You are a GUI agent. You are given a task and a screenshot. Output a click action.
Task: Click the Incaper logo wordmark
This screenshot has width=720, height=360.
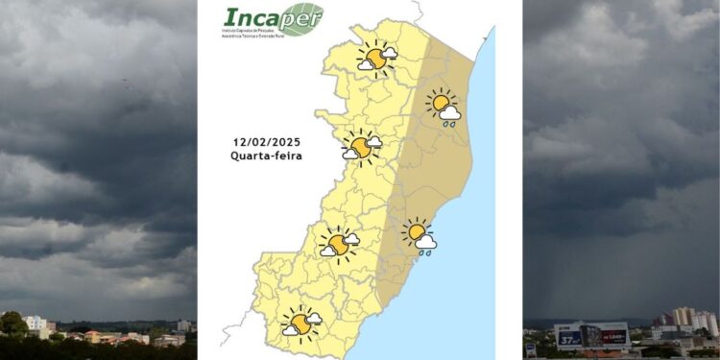coord(259,18)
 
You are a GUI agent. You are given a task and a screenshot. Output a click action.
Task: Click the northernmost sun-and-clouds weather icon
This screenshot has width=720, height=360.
coord(375,59)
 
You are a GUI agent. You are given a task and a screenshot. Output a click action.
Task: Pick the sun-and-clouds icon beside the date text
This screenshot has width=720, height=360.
coord(362,147)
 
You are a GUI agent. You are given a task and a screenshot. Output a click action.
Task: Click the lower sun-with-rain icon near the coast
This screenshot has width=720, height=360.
coord(419,233)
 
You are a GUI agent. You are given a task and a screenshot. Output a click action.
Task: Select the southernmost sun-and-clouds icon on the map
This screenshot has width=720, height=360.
coord(301,323)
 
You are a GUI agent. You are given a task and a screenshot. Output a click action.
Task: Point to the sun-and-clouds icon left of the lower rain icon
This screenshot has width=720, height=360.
coord(339,243)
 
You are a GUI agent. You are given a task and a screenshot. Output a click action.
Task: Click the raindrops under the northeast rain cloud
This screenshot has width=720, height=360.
coord(448,123)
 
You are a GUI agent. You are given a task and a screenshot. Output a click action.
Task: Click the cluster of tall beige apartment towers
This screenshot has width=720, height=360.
coord(684,317)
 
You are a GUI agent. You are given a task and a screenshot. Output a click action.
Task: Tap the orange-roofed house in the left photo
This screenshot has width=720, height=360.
coord(93,336)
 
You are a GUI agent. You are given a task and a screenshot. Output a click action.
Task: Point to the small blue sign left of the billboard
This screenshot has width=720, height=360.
coord(531,349)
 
